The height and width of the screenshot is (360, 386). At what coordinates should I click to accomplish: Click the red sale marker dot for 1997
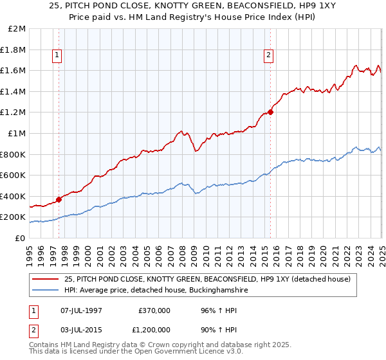click(59, 199)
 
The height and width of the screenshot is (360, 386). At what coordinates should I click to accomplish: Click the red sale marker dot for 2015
click(270, 113)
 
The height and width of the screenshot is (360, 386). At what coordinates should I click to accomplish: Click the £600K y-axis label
click(14, 175)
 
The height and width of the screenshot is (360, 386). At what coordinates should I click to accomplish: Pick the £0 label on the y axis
click(20, 238)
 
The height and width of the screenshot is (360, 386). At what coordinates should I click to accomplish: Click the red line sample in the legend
click(46, 279)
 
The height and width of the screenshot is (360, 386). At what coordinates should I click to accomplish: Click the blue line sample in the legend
click(46, 291)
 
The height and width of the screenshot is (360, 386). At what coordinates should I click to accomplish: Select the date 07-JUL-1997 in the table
click(78, 310)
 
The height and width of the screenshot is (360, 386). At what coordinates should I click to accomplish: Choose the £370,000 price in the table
click(154, 310)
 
